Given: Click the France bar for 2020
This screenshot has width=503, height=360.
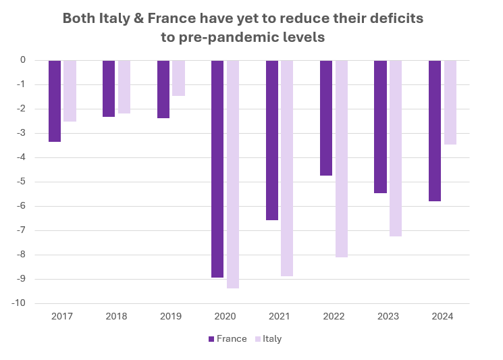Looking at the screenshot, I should pos(217,169).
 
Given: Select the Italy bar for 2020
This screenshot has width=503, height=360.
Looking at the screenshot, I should pos(233,174).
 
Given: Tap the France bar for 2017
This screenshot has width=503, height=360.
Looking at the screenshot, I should pos(55,101).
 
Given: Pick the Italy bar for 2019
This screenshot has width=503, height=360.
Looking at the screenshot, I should pos(178,78).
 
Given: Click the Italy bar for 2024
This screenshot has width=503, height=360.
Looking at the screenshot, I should pos(450,102).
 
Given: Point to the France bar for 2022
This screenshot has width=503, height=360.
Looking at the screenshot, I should pos(326,118).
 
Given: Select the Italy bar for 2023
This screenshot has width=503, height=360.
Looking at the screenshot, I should pos(396,148).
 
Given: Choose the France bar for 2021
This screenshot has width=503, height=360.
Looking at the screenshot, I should pos(272,140).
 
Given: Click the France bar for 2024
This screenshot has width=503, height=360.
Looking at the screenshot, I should pos(435,130).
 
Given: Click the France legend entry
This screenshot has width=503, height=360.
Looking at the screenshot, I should pos(228,339).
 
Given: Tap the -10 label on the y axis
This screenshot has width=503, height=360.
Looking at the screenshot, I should pos(19,303).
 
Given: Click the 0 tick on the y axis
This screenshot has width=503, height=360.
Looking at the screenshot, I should pos(23,60).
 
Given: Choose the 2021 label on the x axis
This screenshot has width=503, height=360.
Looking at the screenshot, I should pos(280,316).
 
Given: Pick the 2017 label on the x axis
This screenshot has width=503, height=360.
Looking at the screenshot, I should pos(62,316).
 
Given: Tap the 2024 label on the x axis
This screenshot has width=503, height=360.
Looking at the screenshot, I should pos(442,316).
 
